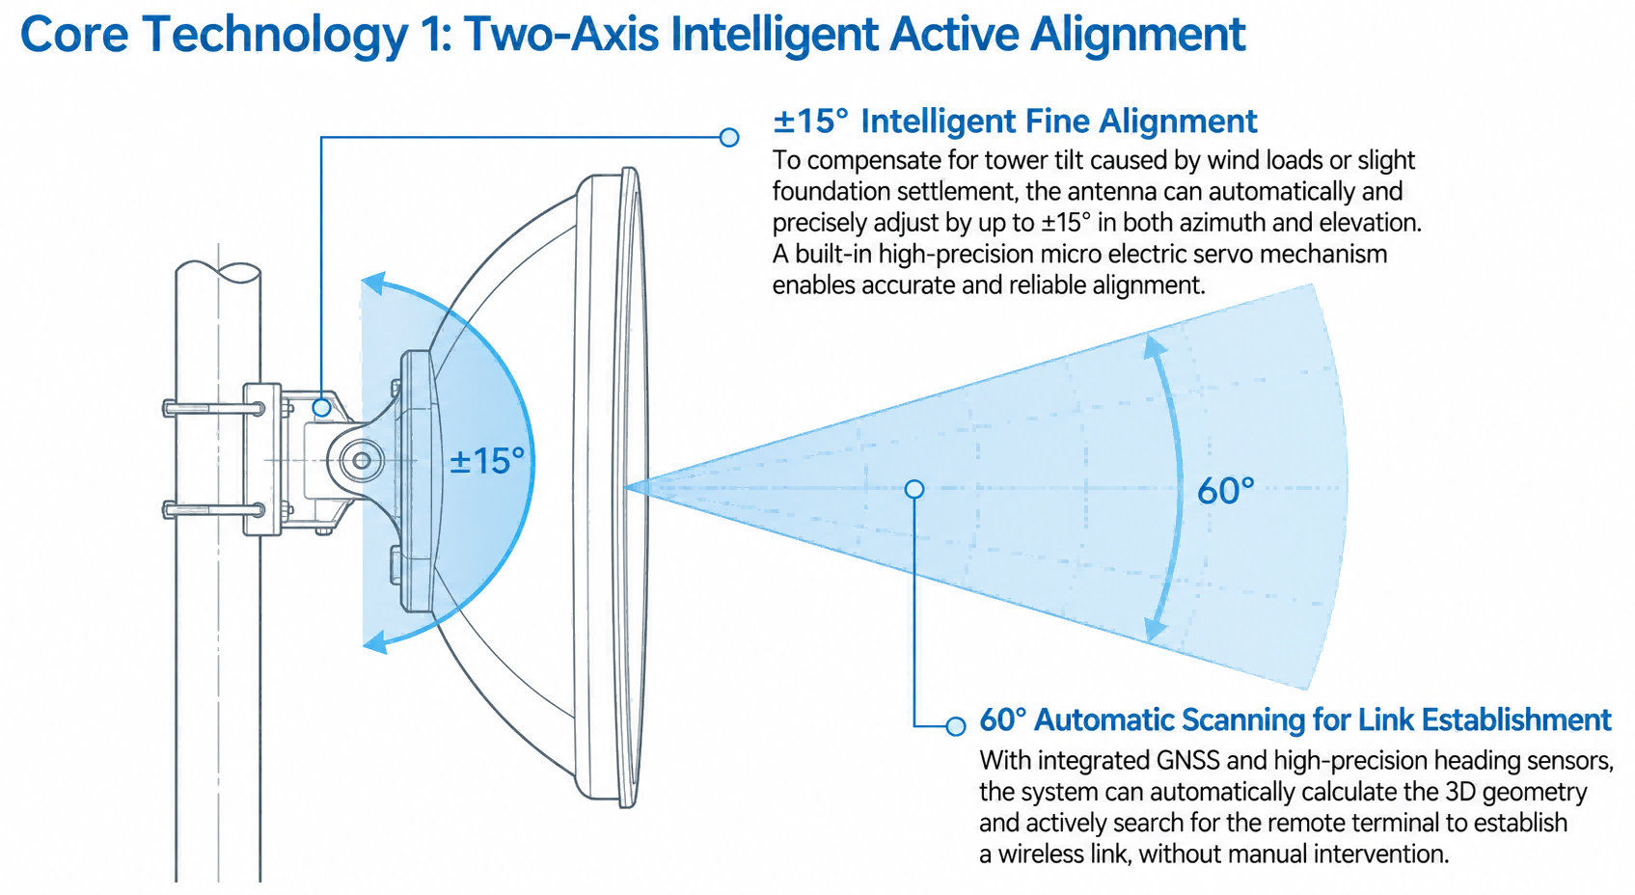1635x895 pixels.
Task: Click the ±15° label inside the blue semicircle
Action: pyautogui.click(x=487, y=461)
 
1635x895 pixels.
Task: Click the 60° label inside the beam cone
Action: pyautogui.click(x=1225, y=491)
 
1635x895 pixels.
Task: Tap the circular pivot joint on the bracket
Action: pyautogui.click(x=362, y=461)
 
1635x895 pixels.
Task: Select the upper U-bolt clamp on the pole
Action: pyautogui.click(x=213, y=408)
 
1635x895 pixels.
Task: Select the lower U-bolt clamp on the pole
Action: pyautogui.click(x=213, y=509)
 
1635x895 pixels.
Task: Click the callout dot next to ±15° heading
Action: pyautogui.click(x=729, y=137)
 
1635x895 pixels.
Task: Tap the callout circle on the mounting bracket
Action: pyautogui.click(x=322, y=407)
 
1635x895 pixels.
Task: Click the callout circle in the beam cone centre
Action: pyautogui.click(x=914, y=489)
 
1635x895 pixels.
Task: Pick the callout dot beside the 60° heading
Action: pyautogui.click(x=956, y=725)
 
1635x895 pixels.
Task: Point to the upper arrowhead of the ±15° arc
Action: pyautogui.click(x=373, y=283)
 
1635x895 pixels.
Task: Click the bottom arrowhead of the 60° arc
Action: pyautogui.click(x=1154, y=629)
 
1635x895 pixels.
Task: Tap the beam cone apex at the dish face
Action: pyautogui.click(x=626, y=487)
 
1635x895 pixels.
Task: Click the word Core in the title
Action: pyautogui.click(x=74, y=35)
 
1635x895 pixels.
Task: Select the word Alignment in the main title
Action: pyautogui.click(x=1138, y=35)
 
